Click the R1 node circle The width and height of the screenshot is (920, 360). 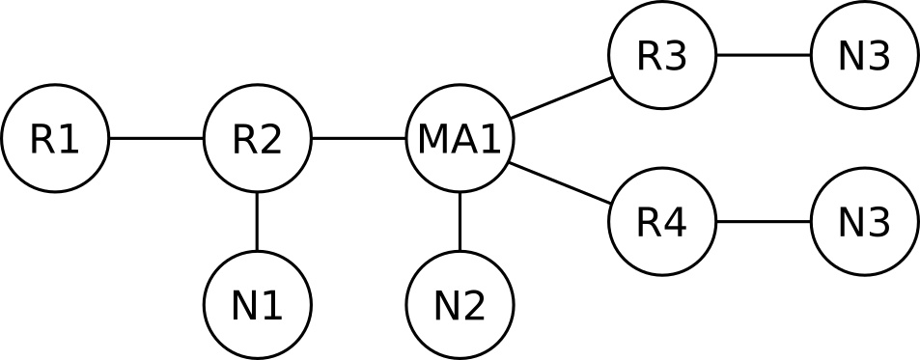coord(54,139)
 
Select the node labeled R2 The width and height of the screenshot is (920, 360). coord(257,139)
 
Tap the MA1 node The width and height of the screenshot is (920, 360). coord(460,139)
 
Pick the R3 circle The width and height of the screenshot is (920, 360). coord(661,56)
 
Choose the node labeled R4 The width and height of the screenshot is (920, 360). coord(661,222)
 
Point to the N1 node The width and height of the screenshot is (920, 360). coord(257,305)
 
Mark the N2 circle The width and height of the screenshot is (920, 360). coord(460,305)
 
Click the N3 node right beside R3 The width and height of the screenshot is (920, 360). coord(864,56)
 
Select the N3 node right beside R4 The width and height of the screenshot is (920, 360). coord(864,222)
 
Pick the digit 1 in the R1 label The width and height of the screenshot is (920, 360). coord(68,140)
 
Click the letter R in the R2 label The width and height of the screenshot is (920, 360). coord(244,140)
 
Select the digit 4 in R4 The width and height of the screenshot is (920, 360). coord(675,223)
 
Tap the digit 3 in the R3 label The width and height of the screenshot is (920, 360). coord(675,57)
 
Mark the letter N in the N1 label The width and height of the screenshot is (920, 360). coord(243,306)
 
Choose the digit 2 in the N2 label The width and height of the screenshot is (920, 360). coord(473,306)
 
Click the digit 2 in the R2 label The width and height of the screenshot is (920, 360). coord(270,140)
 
